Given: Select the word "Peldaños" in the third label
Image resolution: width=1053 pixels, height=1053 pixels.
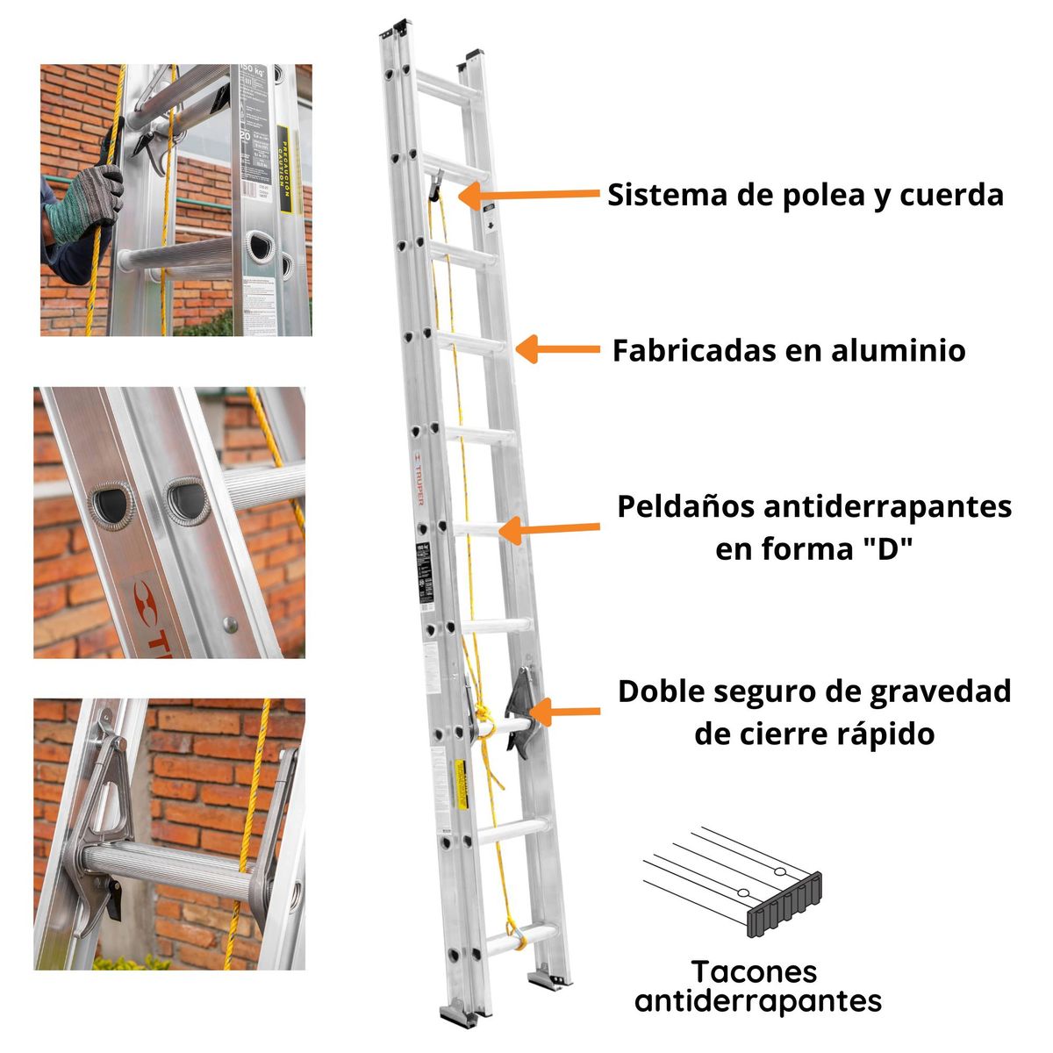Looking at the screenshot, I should (x=685, y=507).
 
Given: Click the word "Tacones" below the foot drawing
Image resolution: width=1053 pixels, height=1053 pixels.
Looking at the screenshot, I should (x=754, y=972).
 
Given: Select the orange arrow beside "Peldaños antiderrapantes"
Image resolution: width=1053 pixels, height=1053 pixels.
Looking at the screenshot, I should (x=549, y=529).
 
